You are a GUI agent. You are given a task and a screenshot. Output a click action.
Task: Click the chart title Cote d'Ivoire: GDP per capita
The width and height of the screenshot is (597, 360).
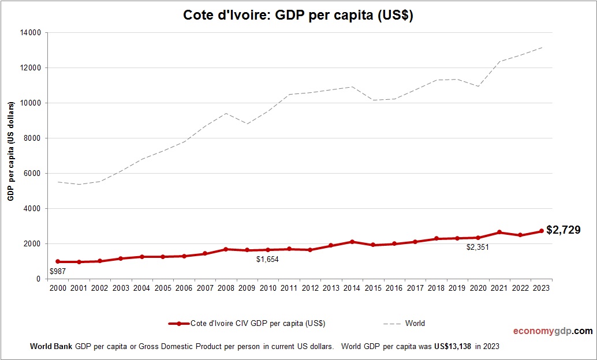pyautogui.click(x=298, y=16)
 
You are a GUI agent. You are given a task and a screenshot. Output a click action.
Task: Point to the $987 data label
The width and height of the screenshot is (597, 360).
pyautogui.click(x=57, y=271)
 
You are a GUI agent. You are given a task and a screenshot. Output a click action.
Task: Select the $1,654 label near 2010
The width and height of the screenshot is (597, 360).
pyautogui.click(x=267, y=260)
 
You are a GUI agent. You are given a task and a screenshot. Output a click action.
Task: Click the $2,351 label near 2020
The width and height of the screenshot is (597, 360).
pyautogui.click(x=477, y=247)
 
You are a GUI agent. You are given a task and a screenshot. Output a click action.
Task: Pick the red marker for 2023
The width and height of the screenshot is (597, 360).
pyautogui.click(x=542, y=231)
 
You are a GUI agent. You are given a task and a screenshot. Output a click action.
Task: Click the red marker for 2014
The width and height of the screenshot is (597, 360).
pyautogui.click(x=352, y=242)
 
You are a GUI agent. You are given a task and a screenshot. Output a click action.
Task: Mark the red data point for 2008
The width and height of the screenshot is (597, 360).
pyautogui.click(x=226, y=249)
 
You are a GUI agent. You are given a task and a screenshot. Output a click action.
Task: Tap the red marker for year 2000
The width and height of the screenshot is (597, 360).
pyautogui.click(x=58, y=261)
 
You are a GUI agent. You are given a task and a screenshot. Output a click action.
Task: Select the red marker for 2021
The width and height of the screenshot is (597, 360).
pyautogui.click(x=499, y=232)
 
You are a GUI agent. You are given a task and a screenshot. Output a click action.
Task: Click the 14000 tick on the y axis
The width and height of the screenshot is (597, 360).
pyautogui.click(x=30, y=33)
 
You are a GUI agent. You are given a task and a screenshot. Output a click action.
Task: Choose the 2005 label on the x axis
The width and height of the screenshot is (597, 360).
pyautogui.click(x=163, y=288)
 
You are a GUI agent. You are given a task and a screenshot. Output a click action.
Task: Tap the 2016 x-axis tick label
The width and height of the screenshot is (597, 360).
pyautogui.click(x=394, y=288)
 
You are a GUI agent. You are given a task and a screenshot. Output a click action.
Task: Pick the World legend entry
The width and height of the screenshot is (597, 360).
pyautogui.click(x=415, y=324)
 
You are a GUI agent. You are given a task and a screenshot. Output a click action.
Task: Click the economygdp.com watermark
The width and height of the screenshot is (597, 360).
pyautogui.click(x=553, y=331)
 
